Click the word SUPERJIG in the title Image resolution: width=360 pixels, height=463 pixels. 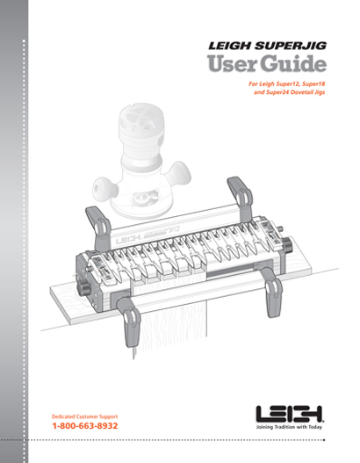coord(291,46)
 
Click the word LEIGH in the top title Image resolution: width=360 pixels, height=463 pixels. coord(230,46)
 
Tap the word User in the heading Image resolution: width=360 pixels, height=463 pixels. coord(232,64)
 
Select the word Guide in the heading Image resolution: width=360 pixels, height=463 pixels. coord(293,64)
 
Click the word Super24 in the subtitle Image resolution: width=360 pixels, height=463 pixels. coord(277,92)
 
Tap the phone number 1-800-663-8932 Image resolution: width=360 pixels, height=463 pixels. coord(85,426)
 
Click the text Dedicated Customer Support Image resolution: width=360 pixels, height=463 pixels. coord(84,416)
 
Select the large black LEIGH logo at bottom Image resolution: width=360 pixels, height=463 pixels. coord(290,414)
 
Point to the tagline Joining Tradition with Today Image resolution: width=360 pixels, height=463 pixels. coord(289,427)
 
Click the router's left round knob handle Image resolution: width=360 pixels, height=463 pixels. coord(104,188)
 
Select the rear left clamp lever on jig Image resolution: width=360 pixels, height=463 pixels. coord(98,228)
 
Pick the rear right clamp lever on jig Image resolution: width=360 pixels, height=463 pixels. coord(241,199)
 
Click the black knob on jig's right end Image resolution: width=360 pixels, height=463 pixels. coord(287,245)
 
